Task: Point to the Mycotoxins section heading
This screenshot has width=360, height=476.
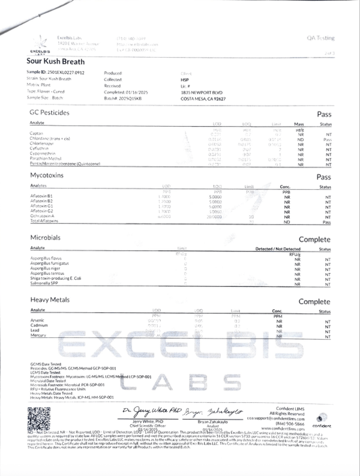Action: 47,176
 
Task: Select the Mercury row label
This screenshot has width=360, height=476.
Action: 38,336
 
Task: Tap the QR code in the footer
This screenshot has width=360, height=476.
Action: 40,417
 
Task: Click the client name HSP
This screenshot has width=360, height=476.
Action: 185,78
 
